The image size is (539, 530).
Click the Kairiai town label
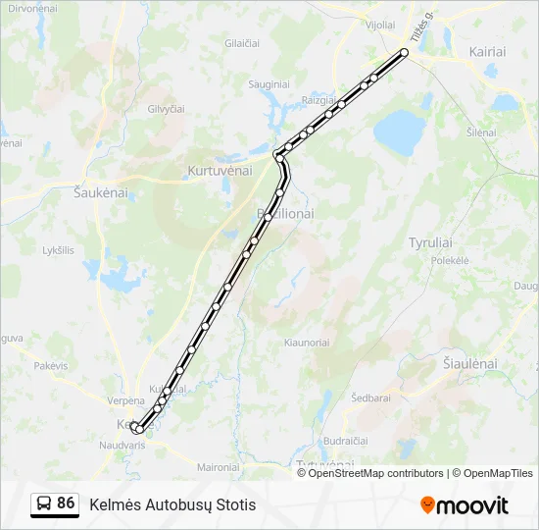point(487,51)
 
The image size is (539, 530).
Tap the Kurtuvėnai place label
point(220,170)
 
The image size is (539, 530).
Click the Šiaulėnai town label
point(470,363)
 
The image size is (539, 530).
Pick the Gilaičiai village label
point(242,43)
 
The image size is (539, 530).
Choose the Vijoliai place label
point(379,26)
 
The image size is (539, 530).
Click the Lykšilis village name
point(58,250)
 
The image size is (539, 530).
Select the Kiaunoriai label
point(306,343)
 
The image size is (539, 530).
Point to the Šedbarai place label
point(371,397)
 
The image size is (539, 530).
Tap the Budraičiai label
point(345,442)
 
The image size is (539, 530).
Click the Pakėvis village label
point(51,365)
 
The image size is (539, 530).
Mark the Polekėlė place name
point(451,261)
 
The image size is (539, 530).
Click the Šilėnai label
point(481,132)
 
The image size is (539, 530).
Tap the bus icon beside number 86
point(44,503)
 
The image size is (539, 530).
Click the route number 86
point(66,503)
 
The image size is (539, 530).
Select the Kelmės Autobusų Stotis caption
point(172,504)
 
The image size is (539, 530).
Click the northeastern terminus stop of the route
point(404,52)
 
